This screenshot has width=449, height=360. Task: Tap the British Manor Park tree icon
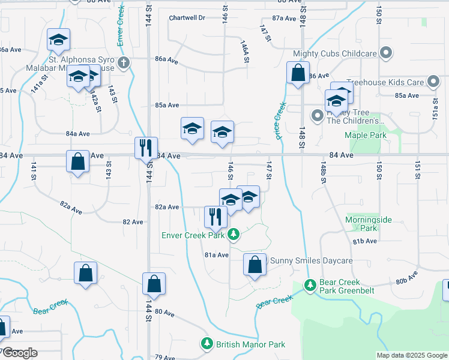(206, 344)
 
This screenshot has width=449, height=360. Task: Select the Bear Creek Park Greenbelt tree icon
(310, 286)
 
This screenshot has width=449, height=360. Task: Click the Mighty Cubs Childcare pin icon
(387, 53)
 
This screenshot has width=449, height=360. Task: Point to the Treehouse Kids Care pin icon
(433, 82)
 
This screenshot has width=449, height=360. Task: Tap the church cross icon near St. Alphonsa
(123, 63)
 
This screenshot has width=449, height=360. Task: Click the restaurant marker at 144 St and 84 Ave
(146, 148)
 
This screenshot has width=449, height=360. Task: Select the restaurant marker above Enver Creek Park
(215, 216)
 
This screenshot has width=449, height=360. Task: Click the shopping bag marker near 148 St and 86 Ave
(298, 74)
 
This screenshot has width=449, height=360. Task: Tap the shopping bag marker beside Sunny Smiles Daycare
(255, 264)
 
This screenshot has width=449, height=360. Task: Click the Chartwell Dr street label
(187, 18)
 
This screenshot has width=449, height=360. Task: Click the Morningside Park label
(369, 224)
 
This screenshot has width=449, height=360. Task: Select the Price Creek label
(280, 121)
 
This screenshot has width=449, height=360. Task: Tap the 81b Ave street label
(364, 241)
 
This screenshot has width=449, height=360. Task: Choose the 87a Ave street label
(285, 19)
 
